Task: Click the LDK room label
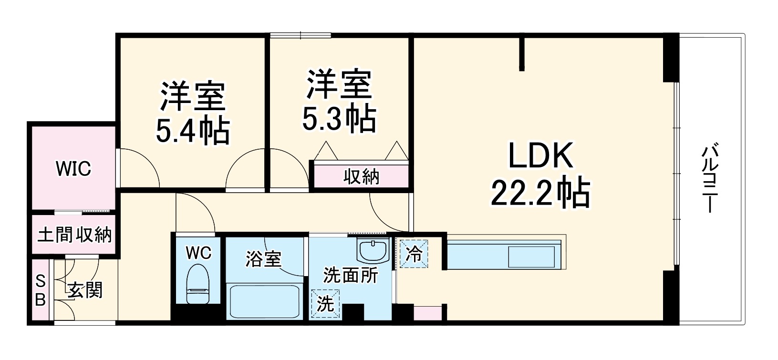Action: [x=540, y=157]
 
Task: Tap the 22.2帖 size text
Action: [x=540, y=193]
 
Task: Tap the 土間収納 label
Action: [x=74, y=235]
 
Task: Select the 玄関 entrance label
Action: [x=85, y=290]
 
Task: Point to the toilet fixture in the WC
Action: [x=198, y=283]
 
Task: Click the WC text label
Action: [x=198, y=253]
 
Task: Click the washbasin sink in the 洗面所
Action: [x=373, y=250]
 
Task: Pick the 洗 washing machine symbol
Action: [x=325, y=304]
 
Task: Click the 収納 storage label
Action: [x=362, y=177]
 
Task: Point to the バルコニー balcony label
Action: [x=709, y=178]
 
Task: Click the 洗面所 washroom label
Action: [x=351, y=276]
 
